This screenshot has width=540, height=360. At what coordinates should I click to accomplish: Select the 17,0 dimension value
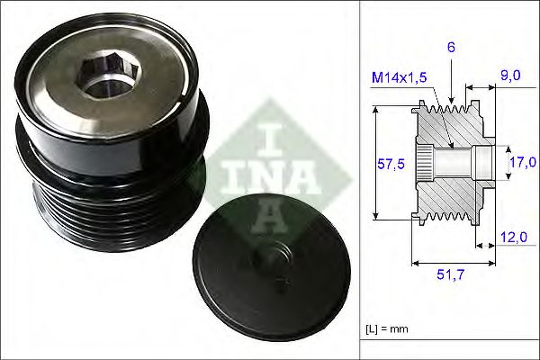point(523,161)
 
